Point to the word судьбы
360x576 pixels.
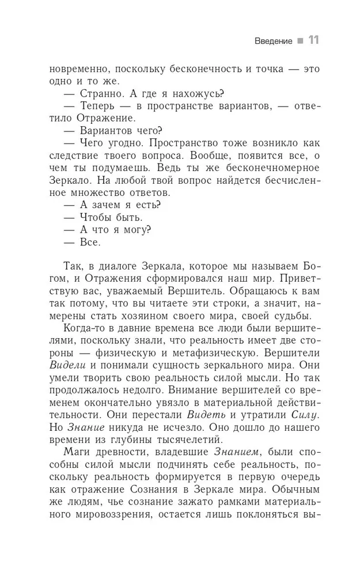pyautogui.click(x=290, y=316)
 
